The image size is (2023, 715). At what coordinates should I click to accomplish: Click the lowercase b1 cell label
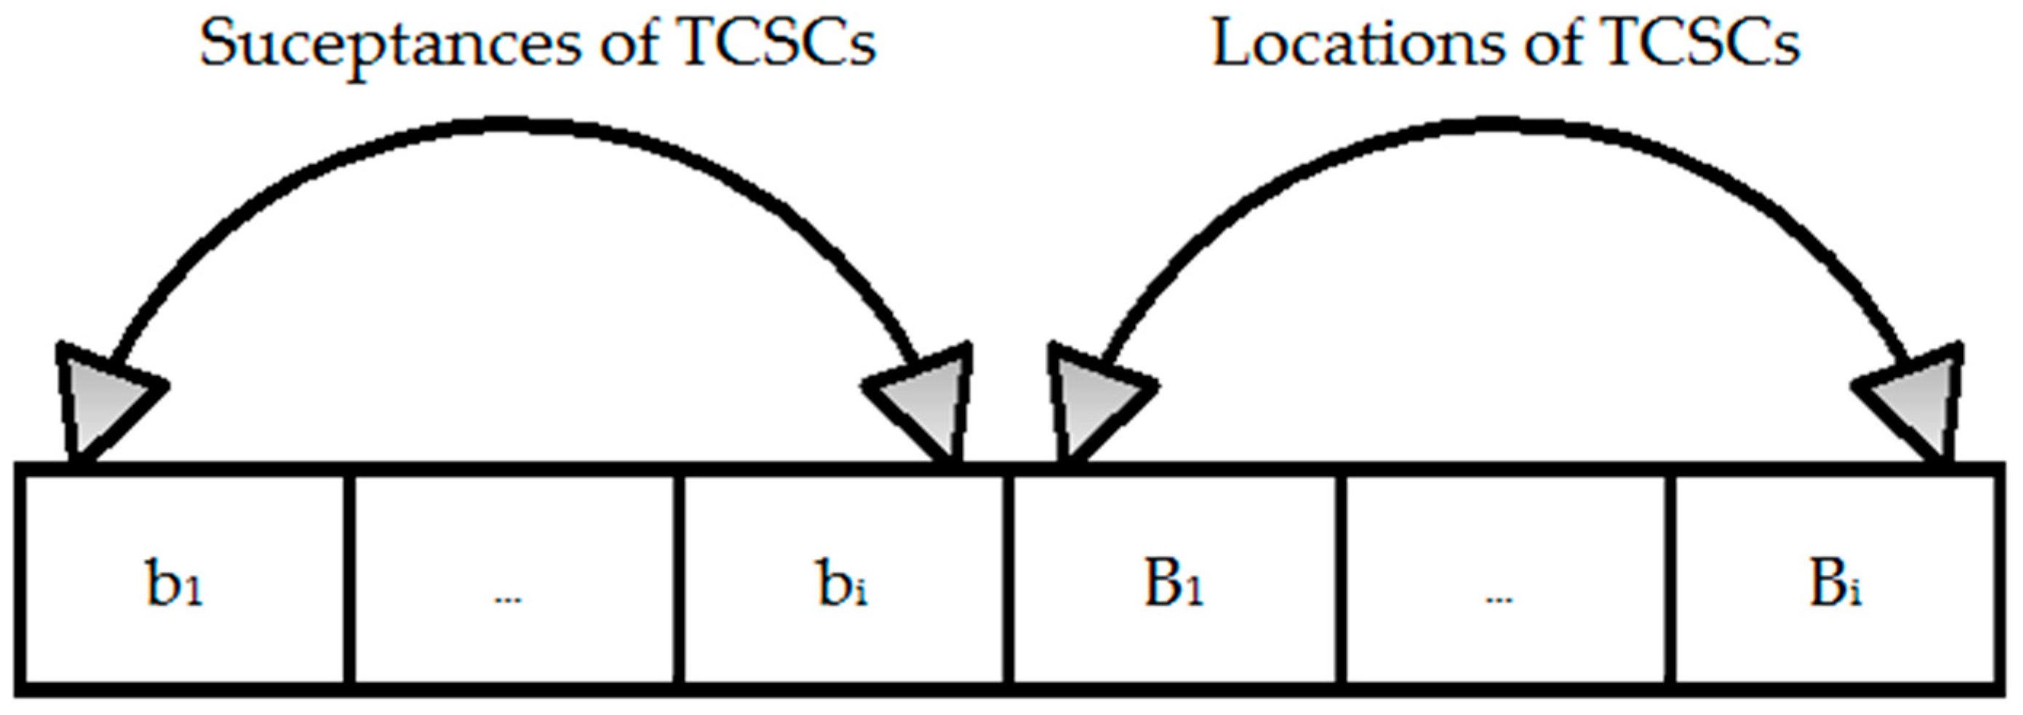pyautogui.click(x=175, y=585)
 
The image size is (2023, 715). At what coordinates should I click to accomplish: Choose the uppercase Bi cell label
pyautogui.click(x=1835, y=585)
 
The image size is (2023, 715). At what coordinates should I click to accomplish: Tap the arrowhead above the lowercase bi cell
pyautogui.click(x=927, y=400)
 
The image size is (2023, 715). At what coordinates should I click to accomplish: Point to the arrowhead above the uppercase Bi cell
pyautogui.click(x=1916, y=400)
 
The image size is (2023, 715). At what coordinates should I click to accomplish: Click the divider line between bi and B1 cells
pyautogui.click(x=1007, y=580)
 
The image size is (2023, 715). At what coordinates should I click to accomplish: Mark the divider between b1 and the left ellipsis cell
pyautogui.click(x=348, y=580)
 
